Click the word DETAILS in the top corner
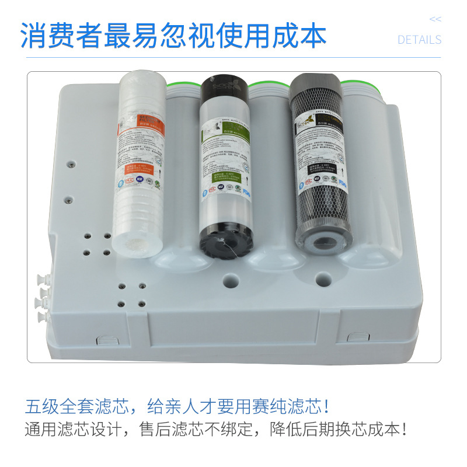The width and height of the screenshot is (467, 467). (419, 40)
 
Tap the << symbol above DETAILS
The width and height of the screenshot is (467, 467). (435, 19)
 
